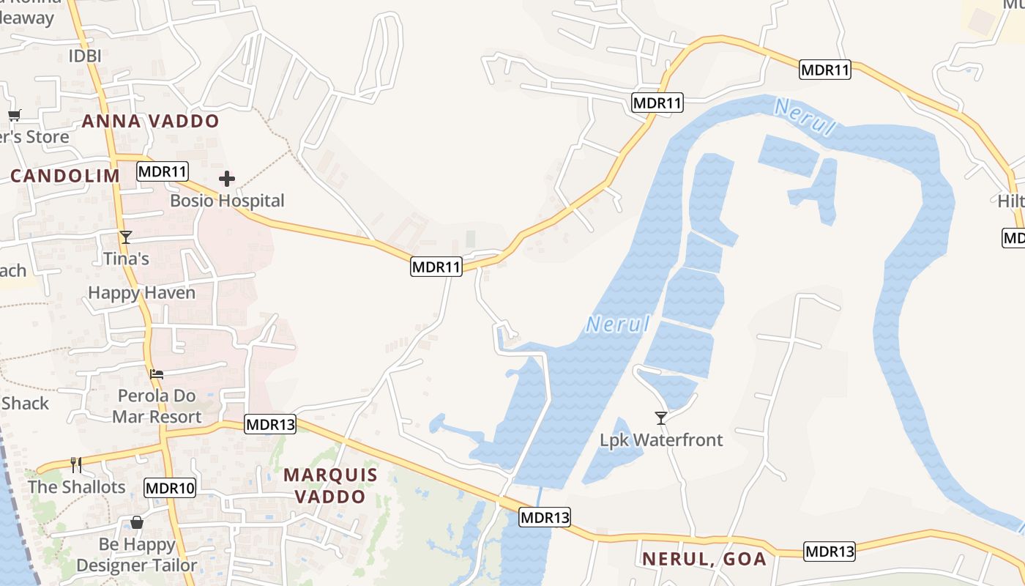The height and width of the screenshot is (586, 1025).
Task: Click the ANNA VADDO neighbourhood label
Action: tap(150, 121)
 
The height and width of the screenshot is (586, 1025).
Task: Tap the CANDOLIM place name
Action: tap(65, 176)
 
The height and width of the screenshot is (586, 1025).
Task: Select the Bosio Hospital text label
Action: tap(227, 200)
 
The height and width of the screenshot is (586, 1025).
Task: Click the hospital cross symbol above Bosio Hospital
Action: tap(227, 178)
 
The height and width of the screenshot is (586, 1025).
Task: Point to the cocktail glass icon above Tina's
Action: tap(126, 237)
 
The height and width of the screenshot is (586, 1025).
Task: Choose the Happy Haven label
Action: tap(141, 293)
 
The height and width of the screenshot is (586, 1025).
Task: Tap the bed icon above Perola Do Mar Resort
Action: tap(157, 374)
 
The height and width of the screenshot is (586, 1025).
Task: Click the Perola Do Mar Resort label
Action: tap(157, 407)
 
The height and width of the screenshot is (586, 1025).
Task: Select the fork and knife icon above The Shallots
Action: tap(76, 464)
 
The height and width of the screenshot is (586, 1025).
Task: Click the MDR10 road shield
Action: tap(170, 488)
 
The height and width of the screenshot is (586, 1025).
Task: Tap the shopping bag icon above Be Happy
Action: tap(136, 522)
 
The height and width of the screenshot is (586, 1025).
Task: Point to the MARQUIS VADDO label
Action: tap(330, 485)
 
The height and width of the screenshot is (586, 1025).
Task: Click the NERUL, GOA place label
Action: tap(704, 559)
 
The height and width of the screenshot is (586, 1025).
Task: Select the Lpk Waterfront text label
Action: tap(661, 440)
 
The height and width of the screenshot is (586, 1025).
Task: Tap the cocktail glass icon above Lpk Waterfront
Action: tap(661, 418)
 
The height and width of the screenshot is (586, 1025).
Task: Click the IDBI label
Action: tap(85, 56)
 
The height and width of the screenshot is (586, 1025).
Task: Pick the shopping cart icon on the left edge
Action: tap(14, 115)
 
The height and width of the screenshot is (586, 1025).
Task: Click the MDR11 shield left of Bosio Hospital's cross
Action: tap(163, 172)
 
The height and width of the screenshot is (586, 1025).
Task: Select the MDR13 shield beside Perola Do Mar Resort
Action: tap(270, 424)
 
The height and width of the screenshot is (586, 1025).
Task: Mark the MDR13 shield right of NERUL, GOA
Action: tap(830, 552)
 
